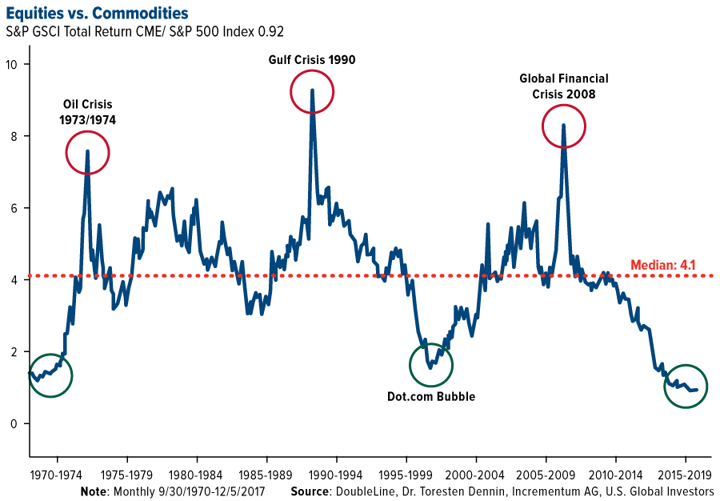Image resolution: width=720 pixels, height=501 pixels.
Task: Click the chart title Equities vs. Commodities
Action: (97, 13)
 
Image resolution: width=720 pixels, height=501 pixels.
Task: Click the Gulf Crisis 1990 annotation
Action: (311, 60)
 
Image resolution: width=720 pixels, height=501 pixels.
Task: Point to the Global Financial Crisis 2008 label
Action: (564, 86)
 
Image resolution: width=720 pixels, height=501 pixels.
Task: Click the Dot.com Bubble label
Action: (431, 396)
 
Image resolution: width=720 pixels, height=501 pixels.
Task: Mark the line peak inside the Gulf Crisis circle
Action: (311, 90)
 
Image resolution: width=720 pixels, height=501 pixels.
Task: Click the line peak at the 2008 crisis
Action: (564, 125)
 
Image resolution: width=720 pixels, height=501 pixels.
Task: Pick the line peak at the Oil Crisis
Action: (87, 151)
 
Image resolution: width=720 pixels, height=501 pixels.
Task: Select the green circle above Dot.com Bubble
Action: (431, 365)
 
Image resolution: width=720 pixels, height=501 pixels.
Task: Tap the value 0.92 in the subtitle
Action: (271, 31)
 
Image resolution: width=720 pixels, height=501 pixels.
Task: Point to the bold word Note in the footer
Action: (94, 490)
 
